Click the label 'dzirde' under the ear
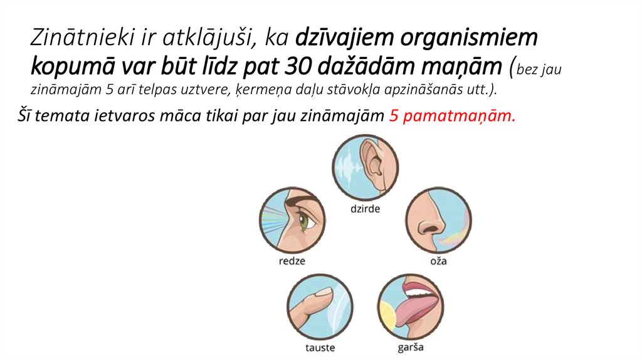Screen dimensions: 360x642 coord(364,209)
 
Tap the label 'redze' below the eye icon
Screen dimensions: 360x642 coord(292,260)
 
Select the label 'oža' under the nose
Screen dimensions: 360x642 coord(438,260)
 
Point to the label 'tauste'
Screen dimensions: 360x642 coord(320,347)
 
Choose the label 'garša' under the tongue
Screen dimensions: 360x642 coord(411,347)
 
